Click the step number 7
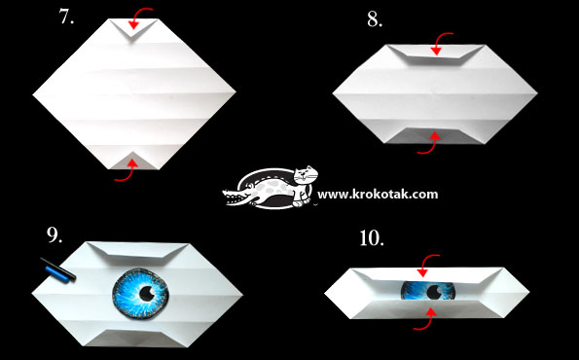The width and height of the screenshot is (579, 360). coord(66,17)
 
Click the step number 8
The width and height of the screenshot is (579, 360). coord(375,19)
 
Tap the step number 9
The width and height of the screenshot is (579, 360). coord(54,234)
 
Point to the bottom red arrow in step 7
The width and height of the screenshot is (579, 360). coord(127,173)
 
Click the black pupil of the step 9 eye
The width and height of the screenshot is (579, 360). coord(147,294)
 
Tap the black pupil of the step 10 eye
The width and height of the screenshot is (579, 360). coord(433,293)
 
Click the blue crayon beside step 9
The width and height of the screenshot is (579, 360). coord(57,275)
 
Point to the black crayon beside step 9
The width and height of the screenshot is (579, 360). coord(58,269)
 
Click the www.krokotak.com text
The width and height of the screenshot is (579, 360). coord(378,195)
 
